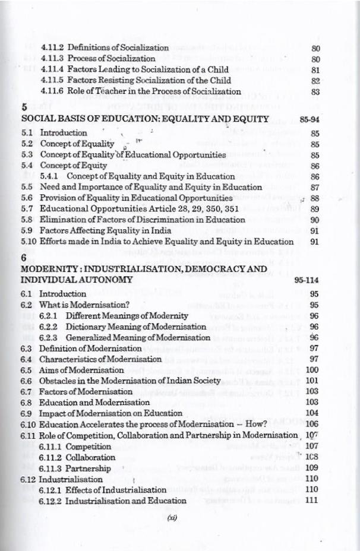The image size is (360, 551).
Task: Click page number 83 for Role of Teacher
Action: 315,92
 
